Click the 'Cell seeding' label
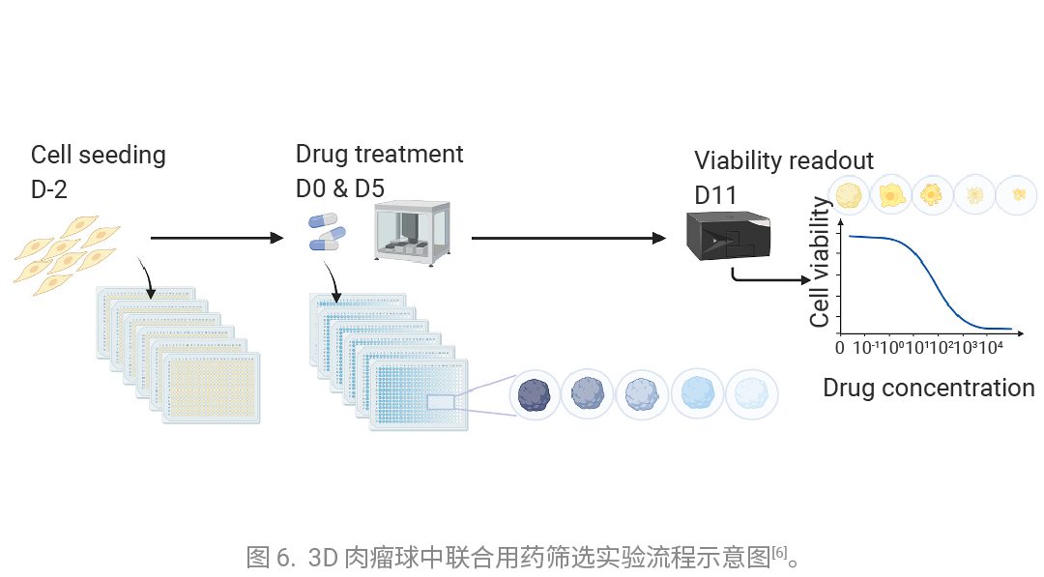point(98,155)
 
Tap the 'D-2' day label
point(48,189)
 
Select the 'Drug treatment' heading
point(379,154)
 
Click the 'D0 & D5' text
point(339,188)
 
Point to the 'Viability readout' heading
point(784,160)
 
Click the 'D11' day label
point(715,195)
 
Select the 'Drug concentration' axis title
point(929,388)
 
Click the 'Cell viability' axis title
point(820,262)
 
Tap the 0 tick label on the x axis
point(840,347)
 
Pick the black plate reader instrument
point(729,236)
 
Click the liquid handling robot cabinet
point(412,232)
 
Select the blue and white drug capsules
point(327,232)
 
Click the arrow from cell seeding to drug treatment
point(217,238)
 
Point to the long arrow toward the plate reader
point(568,238)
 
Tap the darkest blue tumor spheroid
point(534,394)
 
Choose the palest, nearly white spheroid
point(752,394)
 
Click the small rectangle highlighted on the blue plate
point(441,402)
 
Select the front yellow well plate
point(211,388)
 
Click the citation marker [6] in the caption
point(779,552)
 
